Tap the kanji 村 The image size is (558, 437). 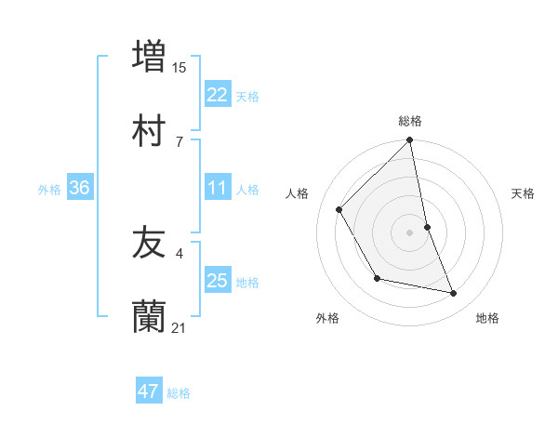pyautogui.click(x=149, y=131)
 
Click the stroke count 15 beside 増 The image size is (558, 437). pyautogui.click(x=179, y=67)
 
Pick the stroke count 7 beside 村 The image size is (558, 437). pyautogui.click(x=179, y=141)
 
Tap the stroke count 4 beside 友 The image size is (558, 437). pyautogui.click(x=179, y=253)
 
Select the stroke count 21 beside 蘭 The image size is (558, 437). pyautogui.click(x=179, y=328)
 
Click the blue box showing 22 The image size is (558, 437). pyautogui.click(x=218, y=95)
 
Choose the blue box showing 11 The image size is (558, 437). pyautogui.click(x=218, y=188)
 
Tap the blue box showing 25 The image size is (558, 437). pyautogui.click(x=218, y=281)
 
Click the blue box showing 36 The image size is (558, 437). pyautogui.click(x=80, y=188)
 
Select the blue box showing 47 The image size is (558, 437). pyautogui.click(x=149, y=391)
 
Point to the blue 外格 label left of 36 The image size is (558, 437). pyautogui.click(x=49, y=189)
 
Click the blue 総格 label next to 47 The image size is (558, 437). pyautogui.click(x=179, y=393)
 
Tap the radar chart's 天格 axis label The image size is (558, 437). pyautogui.click(x=523, y=193)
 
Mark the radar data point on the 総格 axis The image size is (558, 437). pyautogui.click(x=410, y=140)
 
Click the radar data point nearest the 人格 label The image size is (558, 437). pyautogui.click(x=339, y=209)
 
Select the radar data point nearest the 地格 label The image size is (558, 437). pyautogui.click(x=454, y=294)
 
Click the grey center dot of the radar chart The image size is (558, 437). pyautogui.click(x=410, y=232)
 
